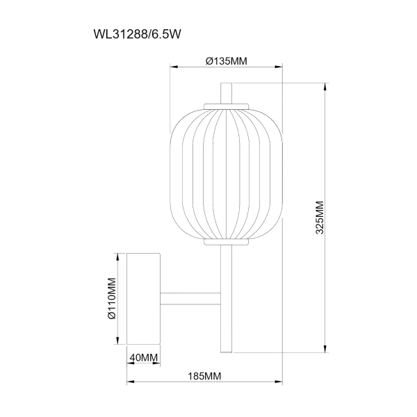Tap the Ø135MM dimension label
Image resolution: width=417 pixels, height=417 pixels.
click(x=227, y=60)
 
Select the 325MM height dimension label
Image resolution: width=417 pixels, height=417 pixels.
click(x=320, y=218)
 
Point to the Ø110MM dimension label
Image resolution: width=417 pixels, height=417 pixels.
click(x=110, y=299)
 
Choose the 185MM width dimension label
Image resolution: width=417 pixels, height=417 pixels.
click(x=204, y=376)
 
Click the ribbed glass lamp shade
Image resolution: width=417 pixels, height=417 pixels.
click(x=226, y=174)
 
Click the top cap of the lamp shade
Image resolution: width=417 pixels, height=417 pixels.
click(x=226, y=105)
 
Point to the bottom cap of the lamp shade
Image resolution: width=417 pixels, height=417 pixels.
click(x=226, y=243)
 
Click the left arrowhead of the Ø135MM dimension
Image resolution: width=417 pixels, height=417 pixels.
click(x=174, y=67)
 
